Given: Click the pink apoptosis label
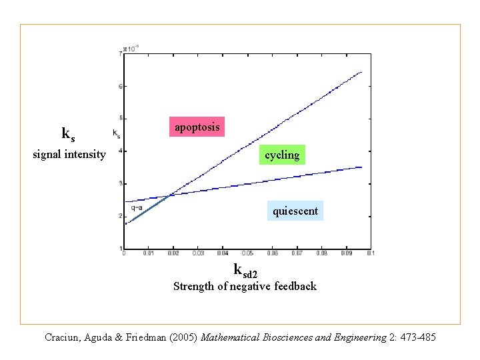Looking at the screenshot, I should [x=197, y=127].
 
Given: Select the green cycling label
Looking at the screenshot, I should [x=282, y=155].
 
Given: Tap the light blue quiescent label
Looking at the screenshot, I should [x=295, y=211].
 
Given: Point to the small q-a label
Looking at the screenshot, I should [x=137, y=207].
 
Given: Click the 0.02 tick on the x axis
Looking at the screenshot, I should [x=173, y=253].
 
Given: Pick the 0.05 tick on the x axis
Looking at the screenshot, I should [x=247, y=253].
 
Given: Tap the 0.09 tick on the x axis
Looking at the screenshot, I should [x=346, y=253].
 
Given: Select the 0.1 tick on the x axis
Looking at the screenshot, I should [x=370, y=253].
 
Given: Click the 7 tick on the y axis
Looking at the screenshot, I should [x=119, y=53].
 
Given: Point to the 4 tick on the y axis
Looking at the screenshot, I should [x=119, y=151].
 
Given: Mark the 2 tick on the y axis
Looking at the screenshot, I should [x=119, y=216].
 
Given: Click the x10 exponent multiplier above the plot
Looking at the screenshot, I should [x=131, y=49].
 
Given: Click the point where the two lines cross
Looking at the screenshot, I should [x=171, y=195].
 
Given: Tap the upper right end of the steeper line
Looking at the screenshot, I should [x=361, y=72].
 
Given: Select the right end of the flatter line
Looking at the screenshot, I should [x=361, y=167].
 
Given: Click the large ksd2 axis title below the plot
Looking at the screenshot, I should [x=245, y=271].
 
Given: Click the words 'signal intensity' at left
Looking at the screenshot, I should [x=69, y=155].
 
